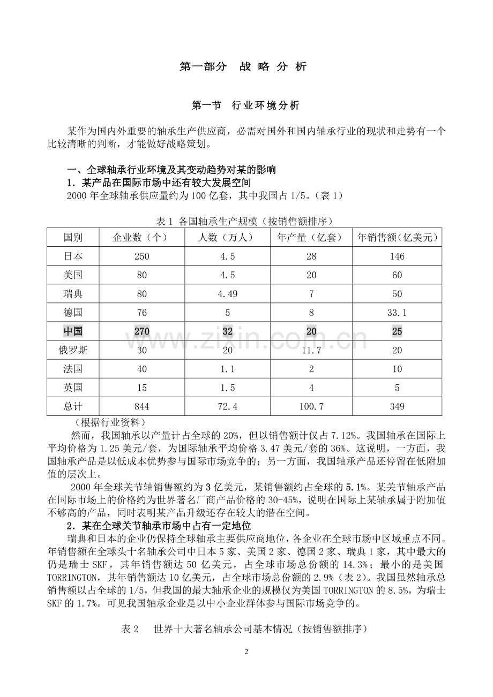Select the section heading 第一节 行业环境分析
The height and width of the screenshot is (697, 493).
pos(245,105)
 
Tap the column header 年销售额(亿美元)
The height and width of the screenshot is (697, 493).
pos(397,237)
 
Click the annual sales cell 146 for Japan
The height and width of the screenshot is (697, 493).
pos(397,256)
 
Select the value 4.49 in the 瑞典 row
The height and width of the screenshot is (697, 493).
pos(227,294)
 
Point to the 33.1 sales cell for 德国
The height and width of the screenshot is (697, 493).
pos(397,313)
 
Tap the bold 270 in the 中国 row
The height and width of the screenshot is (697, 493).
pos(141,331)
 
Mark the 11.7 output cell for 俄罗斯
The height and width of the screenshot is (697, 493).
pos(311,351)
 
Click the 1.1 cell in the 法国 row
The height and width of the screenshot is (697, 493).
pos(227,369)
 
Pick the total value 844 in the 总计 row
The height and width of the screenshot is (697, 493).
pos(141,407)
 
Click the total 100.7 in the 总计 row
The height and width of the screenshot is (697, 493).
pos(311,407)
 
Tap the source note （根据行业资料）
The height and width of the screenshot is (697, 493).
pos(103,422)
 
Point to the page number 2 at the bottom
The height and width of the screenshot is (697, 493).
pos(246,651)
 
